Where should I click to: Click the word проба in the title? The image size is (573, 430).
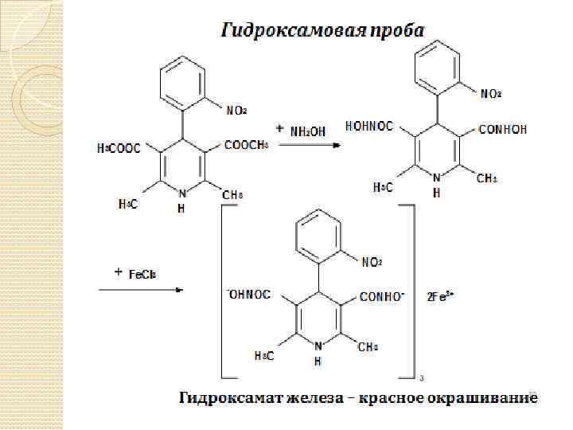pos(396,31)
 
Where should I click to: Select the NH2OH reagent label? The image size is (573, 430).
pos(307,130)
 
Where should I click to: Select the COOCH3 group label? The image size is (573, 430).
pos(247,145)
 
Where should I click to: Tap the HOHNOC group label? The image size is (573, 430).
pos(370,126)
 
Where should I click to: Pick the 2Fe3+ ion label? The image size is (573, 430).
pos(440,296)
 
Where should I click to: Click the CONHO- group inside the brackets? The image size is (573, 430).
pos(382,297)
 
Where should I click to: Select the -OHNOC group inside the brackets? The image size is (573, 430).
pos(249,295)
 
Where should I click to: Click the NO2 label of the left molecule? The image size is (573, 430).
pos(236,111)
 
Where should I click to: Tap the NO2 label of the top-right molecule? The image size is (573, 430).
pos(491,94)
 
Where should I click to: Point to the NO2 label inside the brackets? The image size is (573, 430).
pos(372,262)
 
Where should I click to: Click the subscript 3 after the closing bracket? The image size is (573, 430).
pos(420,378)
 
